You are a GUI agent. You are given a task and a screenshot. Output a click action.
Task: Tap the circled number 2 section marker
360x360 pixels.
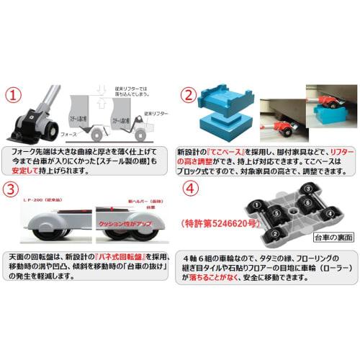click(x=189, y=95)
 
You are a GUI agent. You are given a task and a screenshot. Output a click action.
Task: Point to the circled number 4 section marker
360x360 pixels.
click(x=189, y=190)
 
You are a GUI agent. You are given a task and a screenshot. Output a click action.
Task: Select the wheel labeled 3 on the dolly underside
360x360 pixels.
click(x=307, y=190)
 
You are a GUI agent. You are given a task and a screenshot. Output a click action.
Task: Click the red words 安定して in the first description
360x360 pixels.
click(x=31, y=172)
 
